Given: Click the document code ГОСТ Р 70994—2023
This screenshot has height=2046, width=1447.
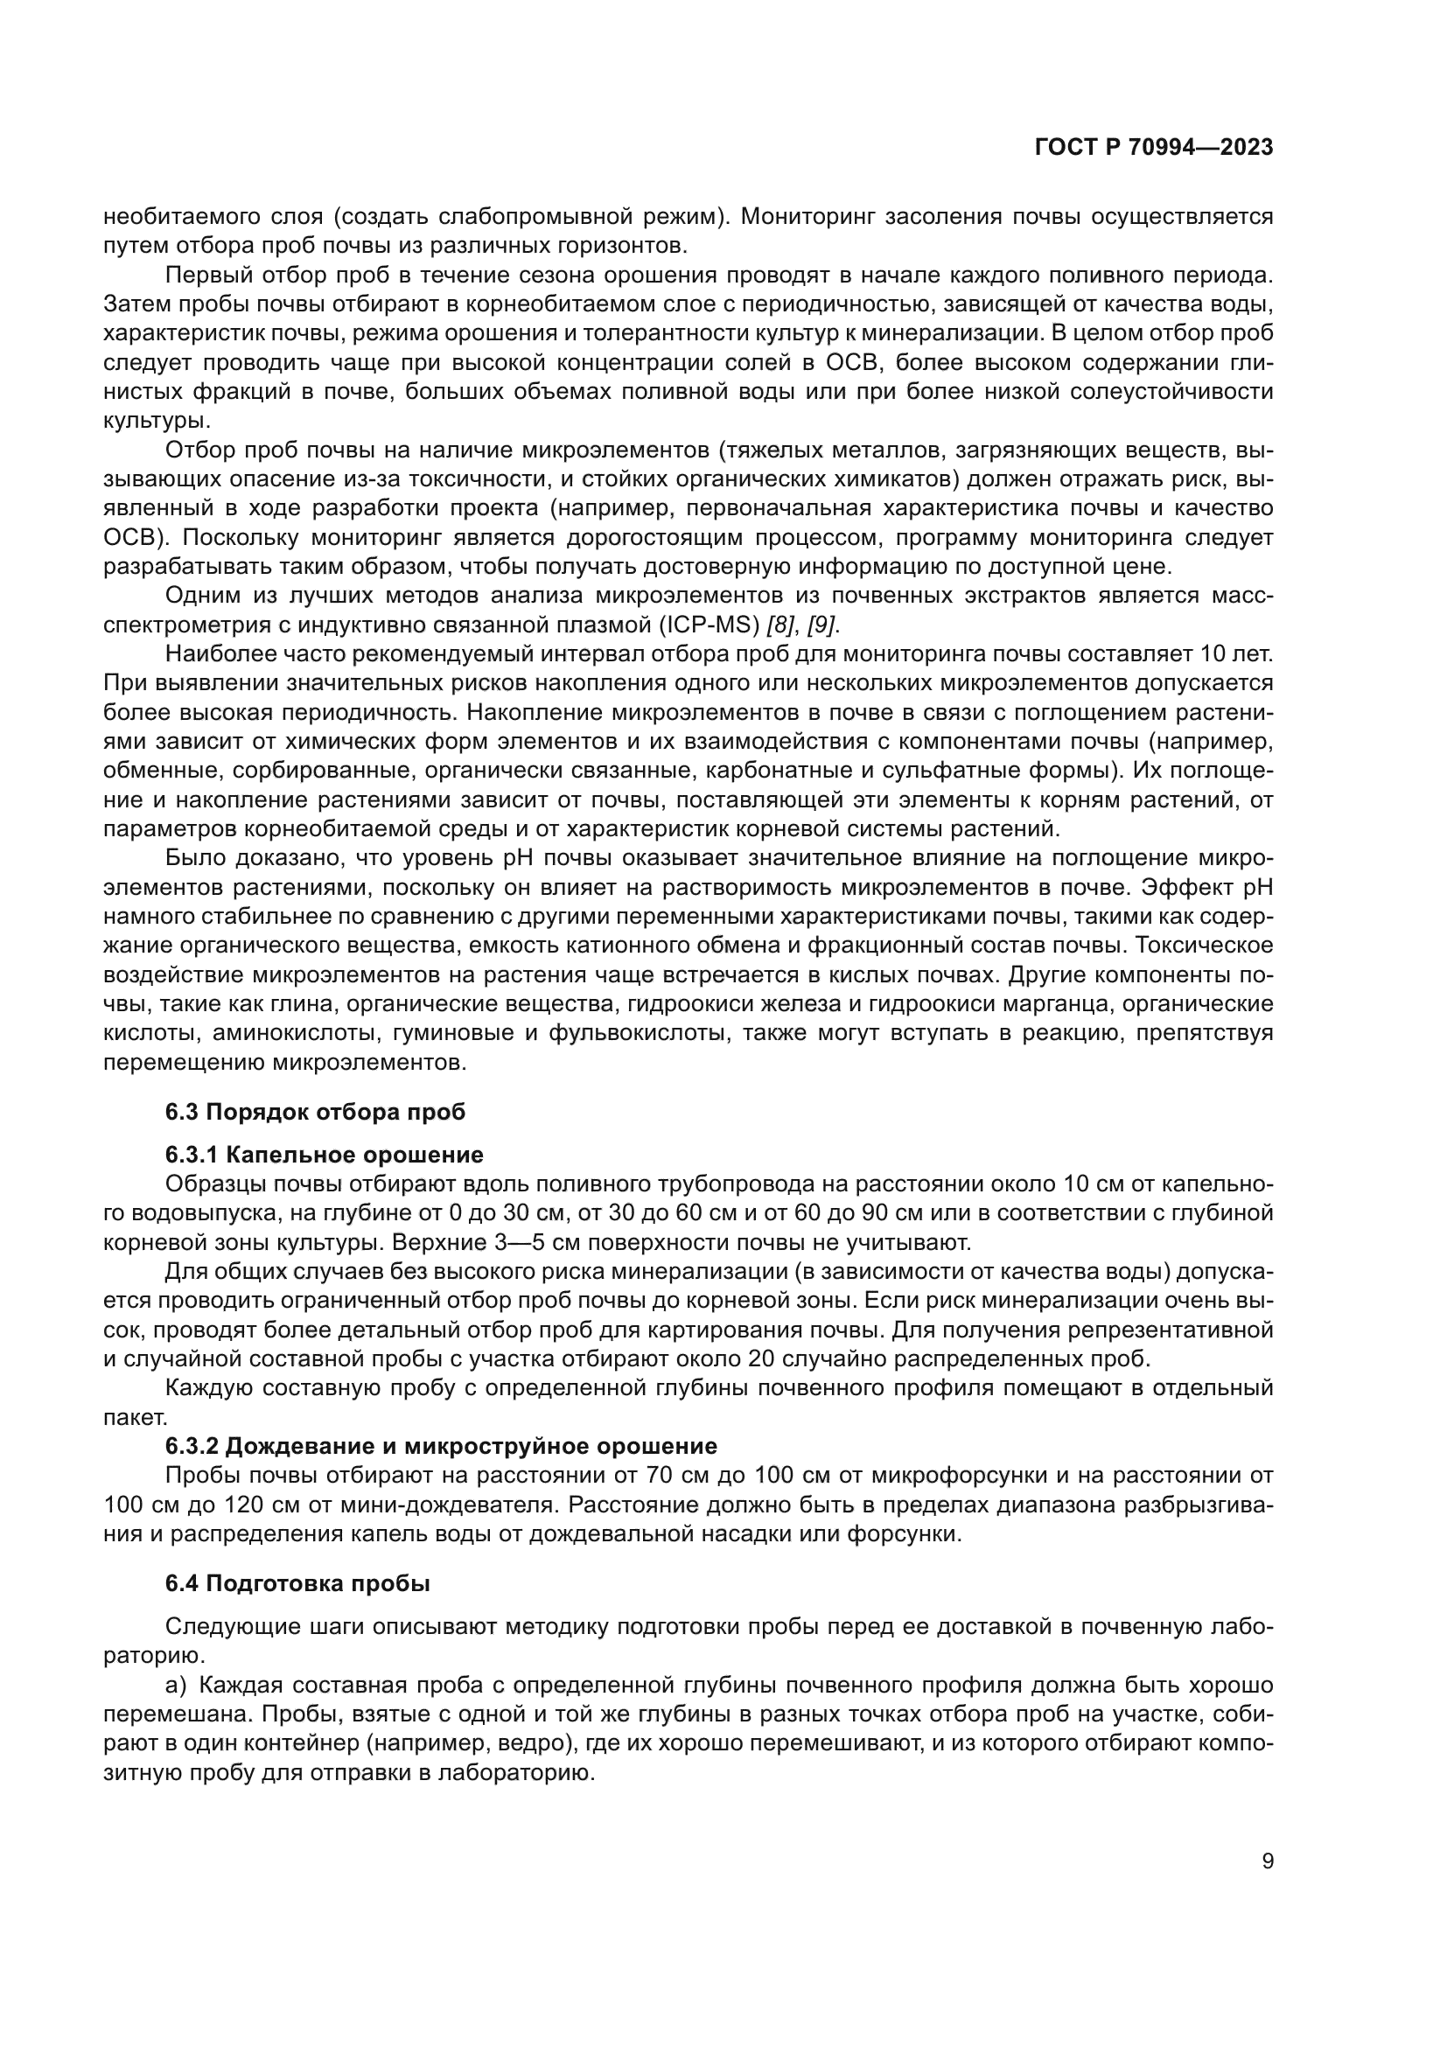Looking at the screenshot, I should click(x=1154, y=148).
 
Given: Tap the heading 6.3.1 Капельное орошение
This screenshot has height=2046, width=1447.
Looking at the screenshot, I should click(x=324, y=1155).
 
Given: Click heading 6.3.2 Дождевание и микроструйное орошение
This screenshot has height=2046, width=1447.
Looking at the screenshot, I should click(x=440, y=1445).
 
